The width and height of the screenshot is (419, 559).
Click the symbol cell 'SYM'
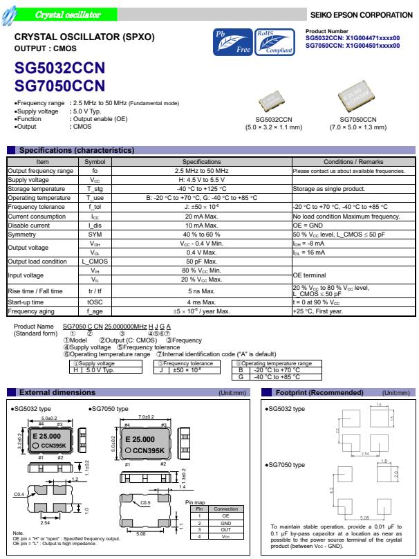94,234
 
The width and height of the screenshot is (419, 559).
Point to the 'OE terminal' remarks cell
308,275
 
